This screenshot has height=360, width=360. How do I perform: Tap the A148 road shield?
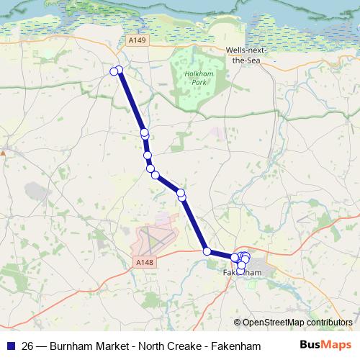pyautogui.click(x=144, y=265)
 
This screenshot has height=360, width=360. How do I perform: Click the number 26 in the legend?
pyautogui.click(x=27, y=346)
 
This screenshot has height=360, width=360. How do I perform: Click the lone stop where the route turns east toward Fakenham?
pyautogui.click(x=207, y=251)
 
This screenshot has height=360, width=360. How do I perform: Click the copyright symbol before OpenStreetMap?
pyautogui.click(x=236, y=322)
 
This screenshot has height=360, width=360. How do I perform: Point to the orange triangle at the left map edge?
pyautogui.click(x=3, y=153)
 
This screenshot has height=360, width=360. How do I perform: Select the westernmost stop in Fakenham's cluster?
pyautogui.click(x=234, y=257)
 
